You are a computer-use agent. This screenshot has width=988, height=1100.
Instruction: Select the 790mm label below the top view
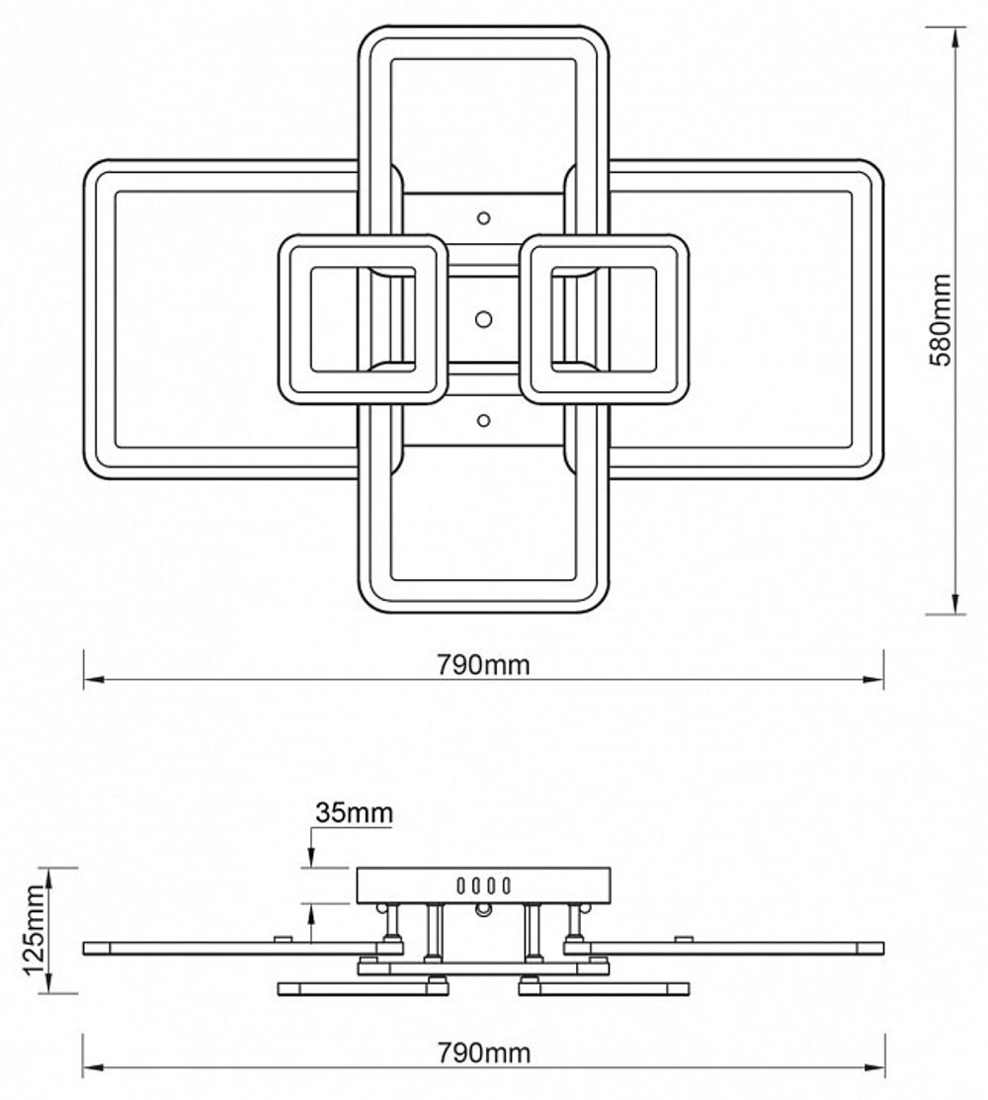(483, 665)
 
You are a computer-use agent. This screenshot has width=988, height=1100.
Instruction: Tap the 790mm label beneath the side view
(483, 1054)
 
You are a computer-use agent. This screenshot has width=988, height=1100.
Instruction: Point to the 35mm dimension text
(354, 813)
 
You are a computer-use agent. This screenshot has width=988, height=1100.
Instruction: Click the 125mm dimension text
(35, 930)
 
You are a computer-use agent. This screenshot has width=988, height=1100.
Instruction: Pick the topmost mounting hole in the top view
(484, 217)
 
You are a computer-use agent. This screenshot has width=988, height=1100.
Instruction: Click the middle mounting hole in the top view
(483, 318)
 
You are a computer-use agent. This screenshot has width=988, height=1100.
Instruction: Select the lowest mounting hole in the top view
(483, 421)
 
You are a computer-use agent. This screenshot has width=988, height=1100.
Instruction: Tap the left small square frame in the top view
(361, 319)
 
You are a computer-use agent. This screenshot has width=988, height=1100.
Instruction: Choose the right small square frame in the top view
(605, 319)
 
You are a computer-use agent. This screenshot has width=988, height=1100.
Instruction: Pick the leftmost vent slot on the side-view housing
(461, 886)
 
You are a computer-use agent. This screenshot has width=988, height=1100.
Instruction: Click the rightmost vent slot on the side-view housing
(506, 886)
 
